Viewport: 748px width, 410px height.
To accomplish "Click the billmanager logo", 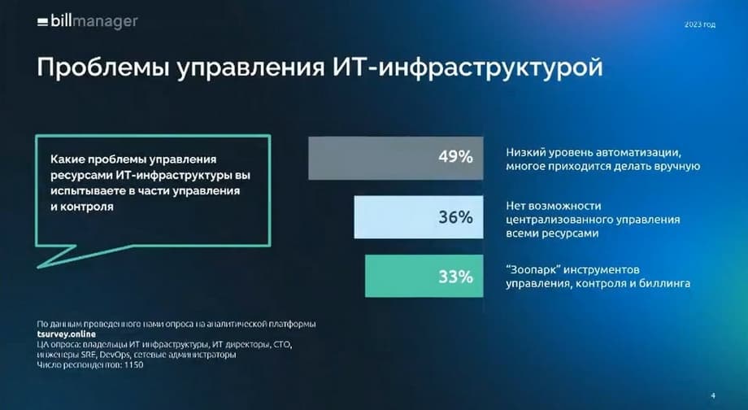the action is tap(88, 21).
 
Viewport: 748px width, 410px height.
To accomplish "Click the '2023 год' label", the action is tap(700, 24).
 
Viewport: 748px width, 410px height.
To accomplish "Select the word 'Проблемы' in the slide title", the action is tap(103, 68).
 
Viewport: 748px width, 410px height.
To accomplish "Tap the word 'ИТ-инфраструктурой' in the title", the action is tap(467, 68).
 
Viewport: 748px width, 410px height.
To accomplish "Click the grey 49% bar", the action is tap(395, 158).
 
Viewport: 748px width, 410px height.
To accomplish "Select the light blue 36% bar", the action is tap(419, 216).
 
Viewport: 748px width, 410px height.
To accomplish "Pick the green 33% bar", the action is tap(424, 276).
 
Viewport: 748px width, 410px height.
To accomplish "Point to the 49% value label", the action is tap(455, 156).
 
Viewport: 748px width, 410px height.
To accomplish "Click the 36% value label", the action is tap(455, 217).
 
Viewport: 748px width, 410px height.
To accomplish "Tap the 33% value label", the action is tap(455, 277).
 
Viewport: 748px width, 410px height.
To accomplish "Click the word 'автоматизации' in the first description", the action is tap(637, 153).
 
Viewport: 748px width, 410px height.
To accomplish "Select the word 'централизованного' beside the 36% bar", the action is tap(559, 220).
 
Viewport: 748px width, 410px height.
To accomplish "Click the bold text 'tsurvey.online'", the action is tap(67, 334).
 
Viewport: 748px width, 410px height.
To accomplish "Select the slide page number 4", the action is tap(713, 395).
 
